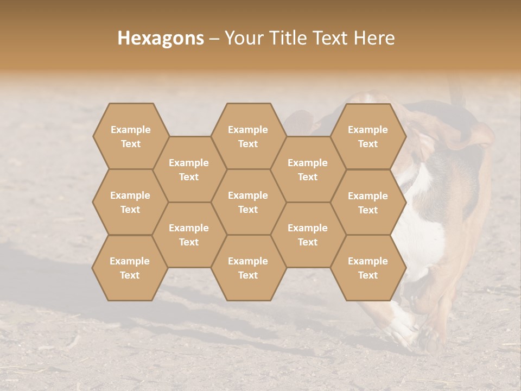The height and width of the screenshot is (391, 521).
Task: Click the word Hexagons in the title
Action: click(161, 38)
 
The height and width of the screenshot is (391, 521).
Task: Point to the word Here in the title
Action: click(374, 38)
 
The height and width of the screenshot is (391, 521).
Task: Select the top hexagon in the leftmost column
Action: click(130, 136)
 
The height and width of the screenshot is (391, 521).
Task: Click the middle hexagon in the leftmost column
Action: click(130, 202)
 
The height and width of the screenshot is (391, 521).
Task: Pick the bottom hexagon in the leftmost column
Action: click(130, 268)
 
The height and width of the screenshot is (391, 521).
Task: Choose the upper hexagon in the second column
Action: click(189, 169)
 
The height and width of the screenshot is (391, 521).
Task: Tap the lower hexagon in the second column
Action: click(189, 235)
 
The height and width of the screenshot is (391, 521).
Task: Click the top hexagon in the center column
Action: click(248, 136)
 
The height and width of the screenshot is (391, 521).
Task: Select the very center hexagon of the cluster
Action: click(248, 202)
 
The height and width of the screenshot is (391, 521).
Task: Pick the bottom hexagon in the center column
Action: click(248, 268)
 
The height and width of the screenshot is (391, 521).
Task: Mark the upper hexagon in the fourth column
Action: click(308, 169)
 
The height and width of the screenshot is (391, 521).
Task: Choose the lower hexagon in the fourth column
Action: click(308, 235)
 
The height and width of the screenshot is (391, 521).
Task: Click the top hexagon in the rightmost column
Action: click(368, 136)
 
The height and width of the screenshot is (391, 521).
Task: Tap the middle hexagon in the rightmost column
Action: click(368, 203)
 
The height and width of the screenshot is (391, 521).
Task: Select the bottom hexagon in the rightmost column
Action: click(368, 268)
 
